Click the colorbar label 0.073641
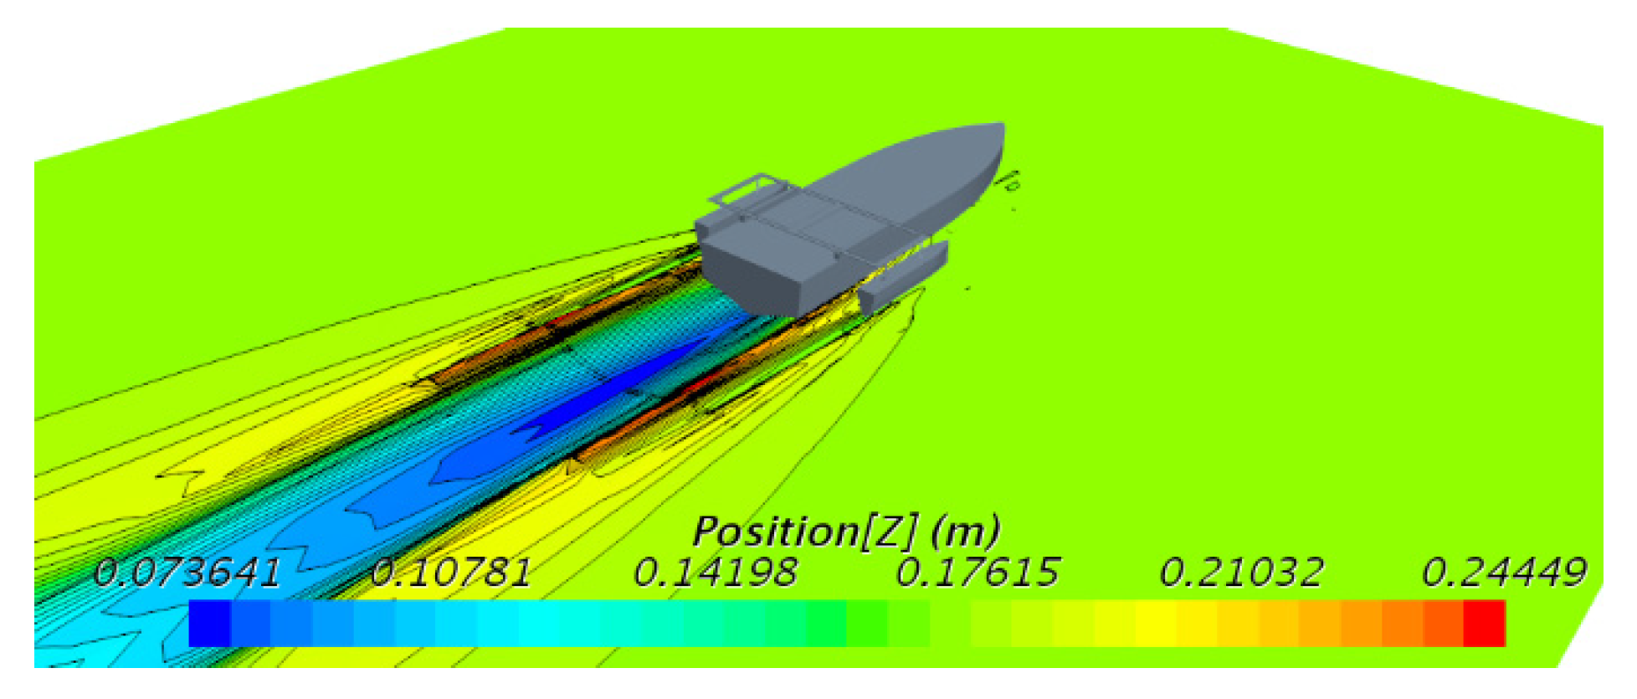click(186, 573)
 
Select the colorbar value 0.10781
click(450, 573)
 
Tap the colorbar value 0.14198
click(715, 573)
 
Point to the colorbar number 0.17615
click(978, 573)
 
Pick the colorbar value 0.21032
click(1241, 573)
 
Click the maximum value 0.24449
click(1504, 573)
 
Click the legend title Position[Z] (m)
click(846, 532)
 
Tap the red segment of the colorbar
click(1484, 624)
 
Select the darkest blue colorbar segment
click(209, 624)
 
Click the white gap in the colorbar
click(950, 624)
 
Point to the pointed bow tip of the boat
click(1001, 128)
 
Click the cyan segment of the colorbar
click(540, 624)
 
